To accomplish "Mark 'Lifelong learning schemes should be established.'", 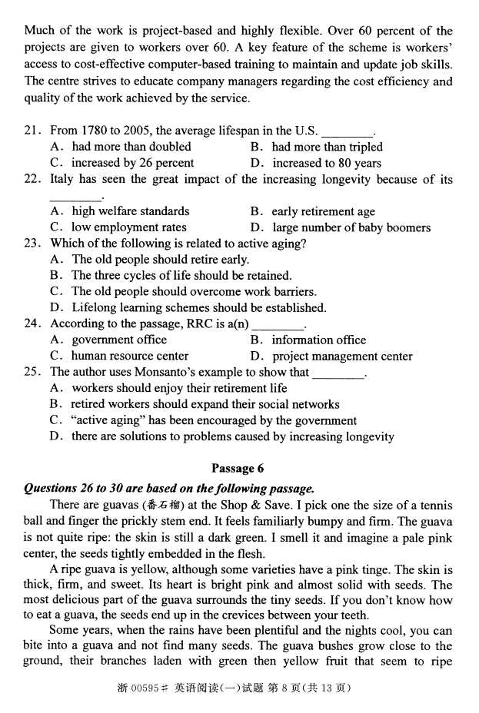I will [x=198, y=308].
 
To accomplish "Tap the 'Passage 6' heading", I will [x=238, y=468].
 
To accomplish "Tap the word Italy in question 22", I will [x=63, y=179].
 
